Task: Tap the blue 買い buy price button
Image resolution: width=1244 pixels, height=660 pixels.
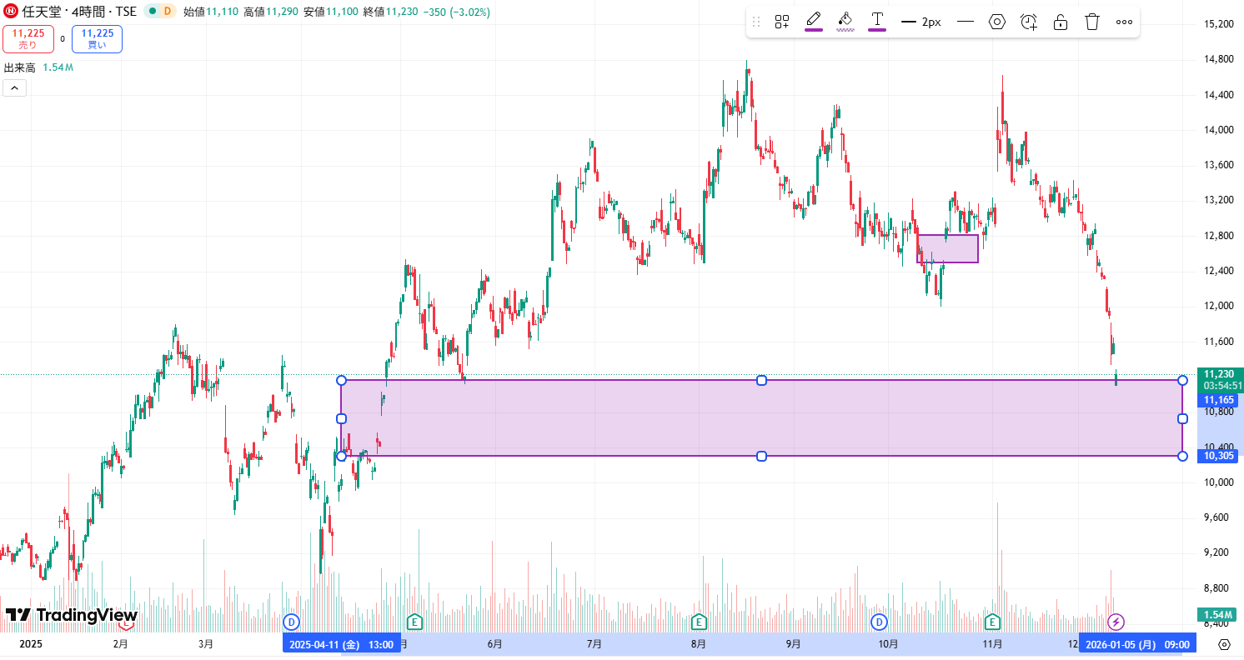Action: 97,39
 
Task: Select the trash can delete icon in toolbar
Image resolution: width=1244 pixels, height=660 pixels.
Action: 1092,22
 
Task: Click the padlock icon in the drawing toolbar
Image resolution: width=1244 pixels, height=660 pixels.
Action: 1061,22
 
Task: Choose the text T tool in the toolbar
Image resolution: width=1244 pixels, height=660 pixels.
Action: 877,20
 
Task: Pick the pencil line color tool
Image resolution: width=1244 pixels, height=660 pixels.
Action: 814,20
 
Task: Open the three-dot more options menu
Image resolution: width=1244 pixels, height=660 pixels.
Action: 1124,22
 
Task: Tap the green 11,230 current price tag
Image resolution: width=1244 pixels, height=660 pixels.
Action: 1219,374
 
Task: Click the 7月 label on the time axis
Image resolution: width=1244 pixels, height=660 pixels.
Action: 594,644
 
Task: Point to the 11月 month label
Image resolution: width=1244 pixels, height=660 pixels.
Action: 992,644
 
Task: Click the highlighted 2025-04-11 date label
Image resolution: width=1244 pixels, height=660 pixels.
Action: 341,644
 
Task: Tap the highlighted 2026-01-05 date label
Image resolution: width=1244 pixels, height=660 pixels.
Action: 1137,644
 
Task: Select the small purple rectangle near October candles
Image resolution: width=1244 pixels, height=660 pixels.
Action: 947,248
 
